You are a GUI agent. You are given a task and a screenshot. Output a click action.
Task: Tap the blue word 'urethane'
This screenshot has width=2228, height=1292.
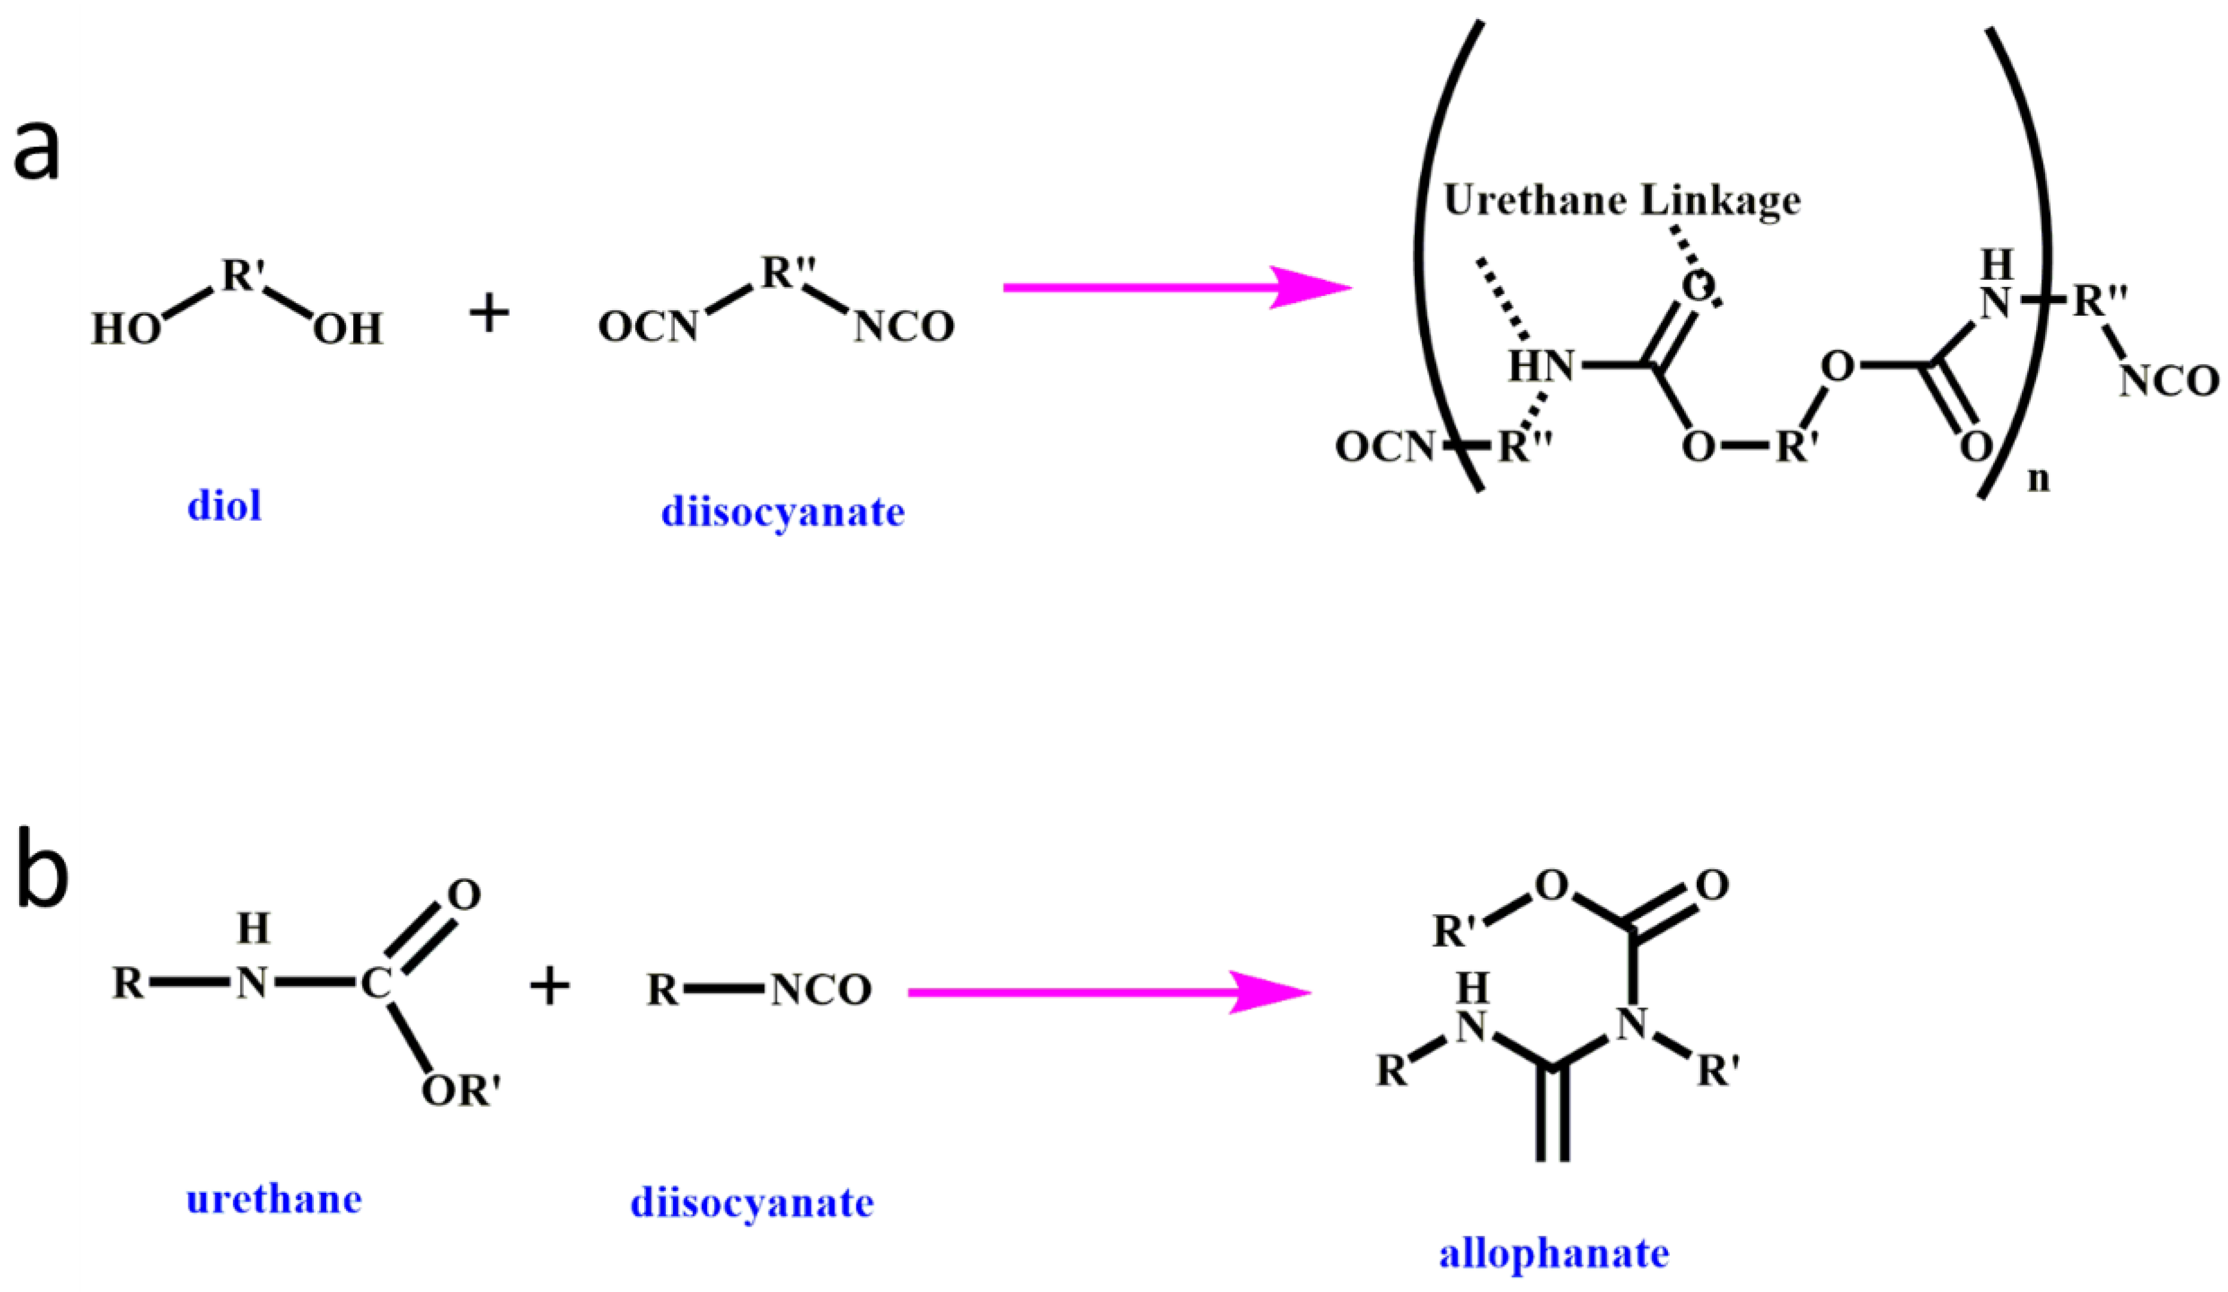pos(274,1200)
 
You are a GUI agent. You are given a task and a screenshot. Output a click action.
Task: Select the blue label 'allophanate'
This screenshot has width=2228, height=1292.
pos(1554,1253)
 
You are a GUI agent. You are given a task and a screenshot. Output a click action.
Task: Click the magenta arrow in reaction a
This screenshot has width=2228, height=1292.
pos(1176,288)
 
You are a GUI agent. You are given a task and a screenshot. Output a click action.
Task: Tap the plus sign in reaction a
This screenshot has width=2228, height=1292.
pos(489,314)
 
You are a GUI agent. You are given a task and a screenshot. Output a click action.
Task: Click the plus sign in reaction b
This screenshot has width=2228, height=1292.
pos(549,986)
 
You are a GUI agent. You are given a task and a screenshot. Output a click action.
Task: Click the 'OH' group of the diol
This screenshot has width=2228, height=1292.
pos(347,330)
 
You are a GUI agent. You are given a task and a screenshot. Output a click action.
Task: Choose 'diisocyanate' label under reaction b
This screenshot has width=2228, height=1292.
pos(751,1203)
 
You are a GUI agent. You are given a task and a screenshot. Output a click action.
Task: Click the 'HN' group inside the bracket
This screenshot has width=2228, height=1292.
pos(1541,365)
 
